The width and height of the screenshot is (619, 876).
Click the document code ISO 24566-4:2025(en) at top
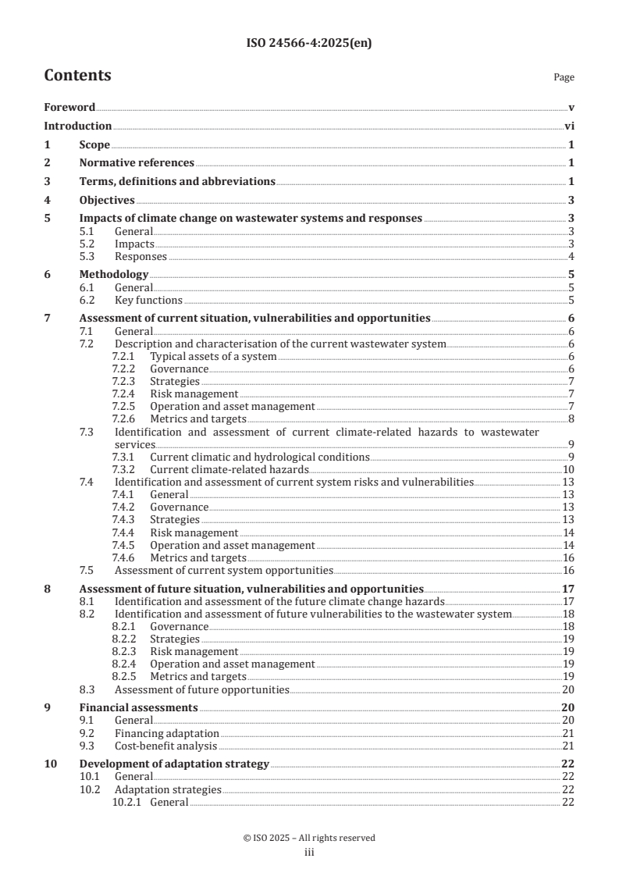[309, 44]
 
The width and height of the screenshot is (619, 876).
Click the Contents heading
[77, 76]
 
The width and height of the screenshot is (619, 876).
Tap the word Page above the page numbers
[564, 77]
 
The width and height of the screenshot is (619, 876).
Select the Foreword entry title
[69, 107]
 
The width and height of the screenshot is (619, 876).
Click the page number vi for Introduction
[570, 126]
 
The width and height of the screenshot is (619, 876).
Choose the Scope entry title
[94, 144]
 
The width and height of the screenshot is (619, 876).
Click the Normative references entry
[137, 162]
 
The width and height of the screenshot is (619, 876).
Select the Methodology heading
[114, 275]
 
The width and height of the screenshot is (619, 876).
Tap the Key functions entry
[148, 300]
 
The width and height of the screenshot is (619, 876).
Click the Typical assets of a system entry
[213, 356]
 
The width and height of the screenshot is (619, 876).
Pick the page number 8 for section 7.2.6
[571, 418]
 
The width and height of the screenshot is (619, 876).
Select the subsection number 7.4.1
[125, 494]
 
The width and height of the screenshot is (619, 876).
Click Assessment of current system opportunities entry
[224, 570]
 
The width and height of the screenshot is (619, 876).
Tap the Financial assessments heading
[138, 708]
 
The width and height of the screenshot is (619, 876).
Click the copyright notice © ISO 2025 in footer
[309, 838]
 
